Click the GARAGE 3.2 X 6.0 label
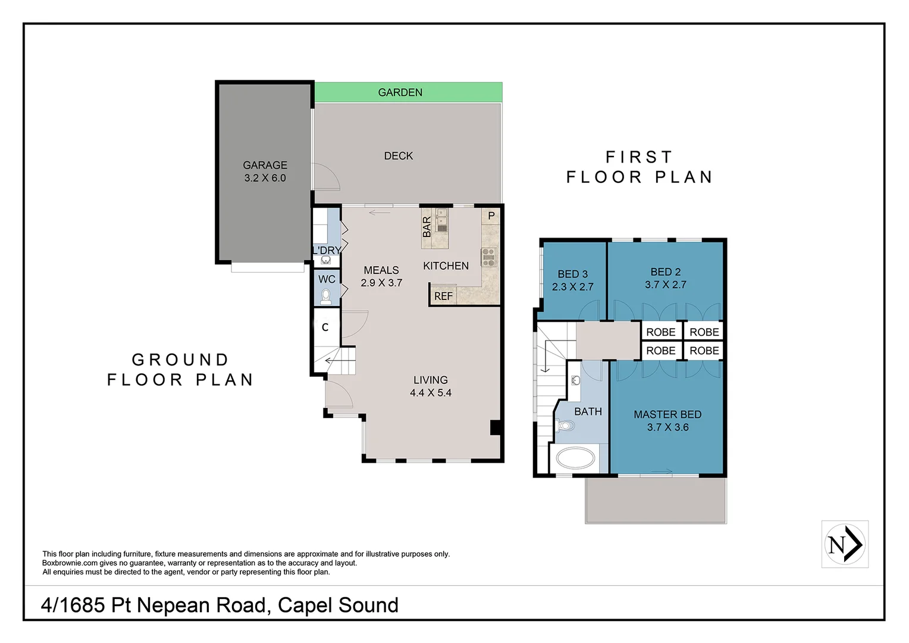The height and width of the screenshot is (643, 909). click(x=265, y=171)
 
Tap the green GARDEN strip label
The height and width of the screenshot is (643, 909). click(x=400, y=92)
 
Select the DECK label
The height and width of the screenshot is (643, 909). click(x=398, y=156)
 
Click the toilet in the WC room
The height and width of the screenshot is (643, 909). click(x=326, y=295)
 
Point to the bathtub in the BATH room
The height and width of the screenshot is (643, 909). click(x=575, y=458)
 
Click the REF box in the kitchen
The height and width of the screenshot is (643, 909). click(x=443, y=296)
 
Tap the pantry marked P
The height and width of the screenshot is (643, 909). click(x=491, y=216)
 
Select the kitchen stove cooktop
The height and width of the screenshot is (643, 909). click(x=488, y=257)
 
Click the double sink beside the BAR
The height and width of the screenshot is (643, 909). click(x=441, y=220)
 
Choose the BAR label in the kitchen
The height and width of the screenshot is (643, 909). click(x=427, y=227)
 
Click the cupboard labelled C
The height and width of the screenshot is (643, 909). click(x=325, y=327)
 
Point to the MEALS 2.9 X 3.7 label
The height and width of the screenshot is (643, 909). click(x=381, y=276)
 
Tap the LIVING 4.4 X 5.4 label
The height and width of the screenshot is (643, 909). click(x=430, y=386)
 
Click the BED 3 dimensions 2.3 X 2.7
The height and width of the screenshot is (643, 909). click(x=572, y=287)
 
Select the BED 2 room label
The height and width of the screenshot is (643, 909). click(x=665, y=272)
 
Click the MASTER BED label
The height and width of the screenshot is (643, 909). click(x=667, y=414)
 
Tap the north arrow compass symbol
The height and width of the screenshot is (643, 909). click(x=845, y=544)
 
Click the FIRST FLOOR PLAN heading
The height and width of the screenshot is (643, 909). click(x=639, y=167)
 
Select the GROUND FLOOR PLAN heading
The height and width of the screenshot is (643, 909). click(x=180, y=370)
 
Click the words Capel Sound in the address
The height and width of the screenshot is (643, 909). click(x=338, y=605)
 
